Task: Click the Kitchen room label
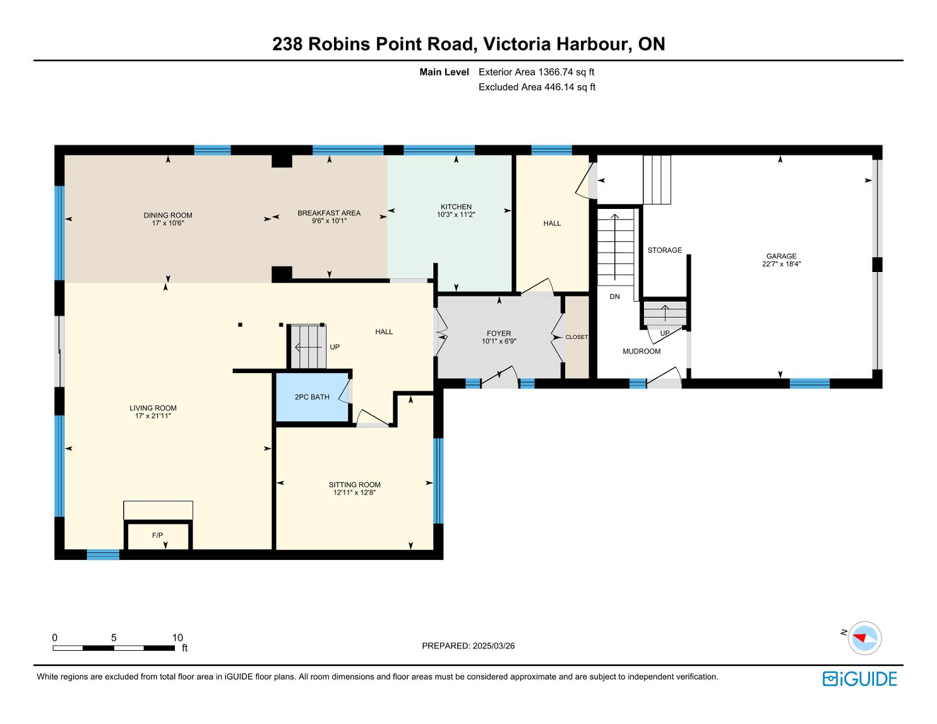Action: pos(456,207)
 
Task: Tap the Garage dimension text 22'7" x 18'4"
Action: pos(781,264)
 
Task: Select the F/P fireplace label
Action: pos(157,535)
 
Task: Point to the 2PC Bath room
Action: pos(312,397)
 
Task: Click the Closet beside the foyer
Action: pos(576,337)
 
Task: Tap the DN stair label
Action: pos(614,297)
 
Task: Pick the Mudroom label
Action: pos(642,351)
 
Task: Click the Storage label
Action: pos(664,250)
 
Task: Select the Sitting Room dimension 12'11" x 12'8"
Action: pos(354,492)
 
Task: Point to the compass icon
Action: pos(864,638)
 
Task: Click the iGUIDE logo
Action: pos(860,679)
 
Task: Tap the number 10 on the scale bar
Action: pos(177,638)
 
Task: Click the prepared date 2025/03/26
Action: pos(494,646)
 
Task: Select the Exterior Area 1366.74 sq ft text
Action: pos(537,72)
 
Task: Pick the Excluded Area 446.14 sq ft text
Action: pos(537,87)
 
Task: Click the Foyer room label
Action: pos(499,333)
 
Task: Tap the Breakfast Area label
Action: pos(329,213)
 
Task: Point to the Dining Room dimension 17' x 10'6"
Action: pos(168,223)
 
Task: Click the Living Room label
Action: pos(153,408)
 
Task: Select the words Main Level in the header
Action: pos(444,72)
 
